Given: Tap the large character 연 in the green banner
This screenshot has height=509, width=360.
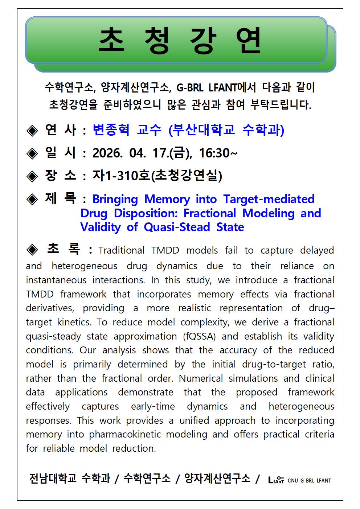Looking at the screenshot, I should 248,40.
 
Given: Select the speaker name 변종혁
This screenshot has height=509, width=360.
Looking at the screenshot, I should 111,130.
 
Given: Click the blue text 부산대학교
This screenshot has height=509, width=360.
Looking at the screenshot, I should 204,130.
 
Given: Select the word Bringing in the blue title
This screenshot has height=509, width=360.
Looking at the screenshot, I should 115,199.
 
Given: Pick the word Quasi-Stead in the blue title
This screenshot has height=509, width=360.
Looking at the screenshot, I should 177,227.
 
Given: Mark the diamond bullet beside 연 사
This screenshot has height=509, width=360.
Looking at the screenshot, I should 32,130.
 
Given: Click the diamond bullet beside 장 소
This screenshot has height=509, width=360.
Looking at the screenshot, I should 32,176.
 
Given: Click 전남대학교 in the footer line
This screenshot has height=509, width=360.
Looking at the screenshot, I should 53,478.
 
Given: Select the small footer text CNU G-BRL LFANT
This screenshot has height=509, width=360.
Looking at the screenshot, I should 309,481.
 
